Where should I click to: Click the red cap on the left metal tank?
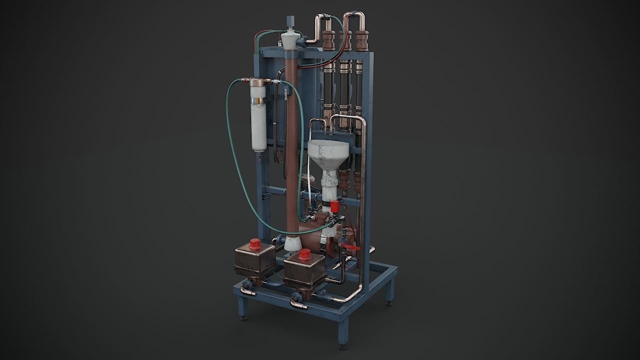tap(255, 244)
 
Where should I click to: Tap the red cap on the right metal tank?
tap(304, 256)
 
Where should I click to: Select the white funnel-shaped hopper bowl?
tap(327, 151)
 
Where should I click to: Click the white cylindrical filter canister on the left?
tap(258, 120)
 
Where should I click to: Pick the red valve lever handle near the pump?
tap(353, 248)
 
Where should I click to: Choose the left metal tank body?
tap(254, 258)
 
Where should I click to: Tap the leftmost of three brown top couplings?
tap(328, 40)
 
